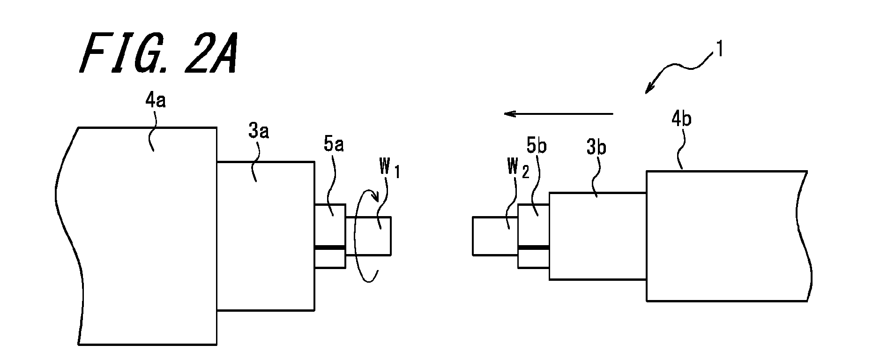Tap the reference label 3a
pos(258,132)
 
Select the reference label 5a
pos(333,145)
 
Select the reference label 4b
pos(681,120)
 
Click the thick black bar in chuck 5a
pos(330,247)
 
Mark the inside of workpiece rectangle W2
pos(495,236)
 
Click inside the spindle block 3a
pos(265,236)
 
